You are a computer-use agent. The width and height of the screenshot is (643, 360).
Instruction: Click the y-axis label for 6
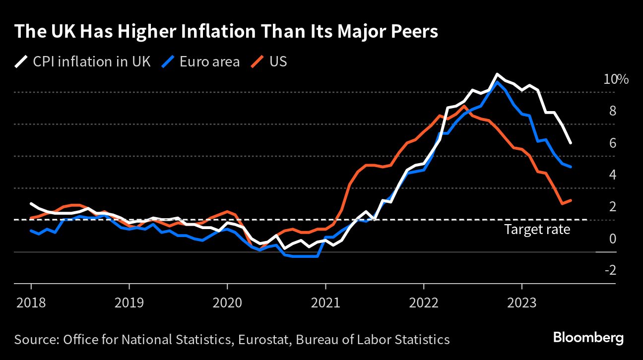[612, 143]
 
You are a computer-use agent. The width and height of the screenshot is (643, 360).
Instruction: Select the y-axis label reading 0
[612, 239]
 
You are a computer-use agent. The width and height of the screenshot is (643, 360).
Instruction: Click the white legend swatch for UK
[21, 62]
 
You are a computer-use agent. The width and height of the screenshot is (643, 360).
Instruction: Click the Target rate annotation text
[537, 230]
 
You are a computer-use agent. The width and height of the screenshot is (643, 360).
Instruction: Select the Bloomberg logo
[588, 338]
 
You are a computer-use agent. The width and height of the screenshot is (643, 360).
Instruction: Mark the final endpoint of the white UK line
[571, 143]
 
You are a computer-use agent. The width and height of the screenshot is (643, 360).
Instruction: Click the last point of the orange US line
[571, 200]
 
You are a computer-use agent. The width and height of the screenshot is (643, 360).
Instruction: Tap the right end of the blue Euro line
[571, 167]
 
